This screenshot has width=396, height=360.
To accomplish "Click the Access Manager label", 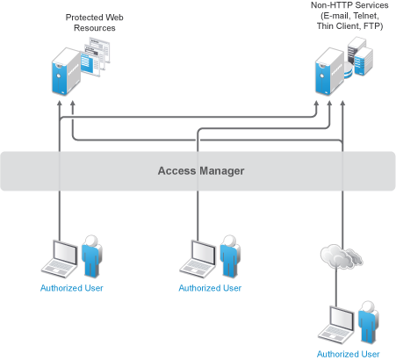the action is coord(201,171).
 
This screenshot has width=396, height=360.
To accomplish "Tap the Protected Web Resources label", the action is coord(95,23).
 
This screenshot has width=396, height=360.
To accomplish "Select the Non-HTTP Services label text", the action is coord(349,16).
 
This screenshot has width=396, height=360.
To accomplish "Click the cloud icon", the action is coord(342,256).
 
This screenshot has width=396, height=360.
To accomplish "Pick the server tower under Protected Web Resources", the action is coord(66,72).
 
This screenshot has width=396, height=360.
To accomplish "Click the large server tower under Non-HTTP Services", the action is coord(329,72).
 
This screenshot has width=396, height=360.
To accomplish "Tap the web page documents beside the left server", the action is coord(96,56).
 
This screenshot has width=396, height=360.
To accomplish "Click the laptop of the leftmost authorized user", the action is coord(61,259).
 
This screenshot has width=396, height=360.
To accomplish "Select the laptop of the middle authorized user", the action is coord(198,259).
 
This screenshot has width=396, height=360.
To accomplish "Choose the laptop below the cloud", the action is coord(337,325).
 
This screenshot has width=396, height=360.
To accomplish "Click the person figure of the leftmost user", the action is coord(91,256).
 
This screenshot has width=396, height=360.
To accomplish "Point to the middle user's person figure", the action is coord(230,256).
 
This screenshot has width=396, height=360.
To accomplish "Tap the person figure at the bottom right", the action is coord(369,322).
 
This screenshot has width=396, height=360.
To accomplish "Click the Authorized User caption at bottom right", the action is coord(349,355).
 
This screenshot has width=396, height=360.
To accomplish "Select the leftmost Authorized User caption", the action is coord(72,288).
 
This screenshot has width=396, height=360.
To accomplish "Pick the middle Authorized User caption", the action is coord(210,288).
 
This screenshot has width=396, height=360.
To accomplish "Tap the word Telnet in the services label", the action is coord(366,16).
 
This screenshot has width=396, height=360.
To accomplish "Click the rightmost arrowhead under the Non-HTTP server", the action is coord(342,104).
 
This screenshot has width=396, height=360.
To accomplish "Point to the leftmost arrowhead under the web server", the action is coord(60,104).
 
